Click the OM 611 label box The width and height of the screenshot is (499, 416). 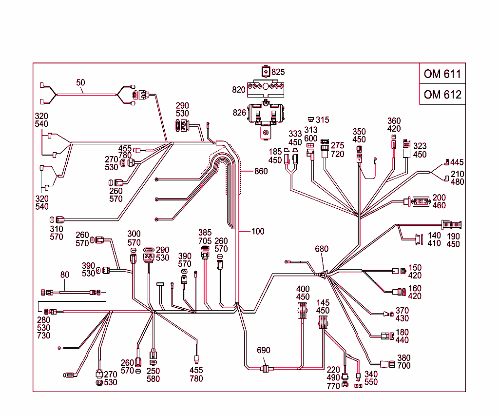pos(442,74)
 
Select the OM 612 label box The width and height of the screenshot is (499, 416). pos(442,95)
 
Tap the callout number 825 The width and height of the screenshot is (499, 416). pos(278,72)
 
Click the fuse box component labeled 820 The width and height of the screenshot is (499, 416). pos(266,89)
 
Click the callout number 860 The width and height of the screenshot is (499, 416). pos(261,171)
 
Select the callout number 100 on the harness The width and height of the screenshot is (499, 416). pos(258,231)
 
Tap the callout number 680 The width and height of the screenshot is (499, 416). pos(322,249)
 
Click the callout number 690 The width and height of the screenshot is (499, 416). pos(263,350)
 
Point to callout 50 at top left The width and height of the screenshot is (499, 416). pos(80,83)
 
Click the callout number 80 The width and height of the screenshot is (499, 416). pos(65,275)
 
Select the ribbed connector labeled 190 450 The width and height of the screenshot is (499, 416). pos(451,225)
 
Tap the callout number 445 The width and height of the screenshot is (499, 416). pos(457,162)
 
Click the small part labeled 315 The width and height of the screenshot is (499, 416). pos(310,119)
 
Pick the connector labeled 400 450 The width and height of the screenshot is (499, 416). pos(303,310)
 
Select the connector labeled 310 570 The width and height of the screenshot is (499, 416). pos(60,219)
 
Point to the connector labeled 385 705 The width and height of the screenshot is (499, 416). pos(205,252)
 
